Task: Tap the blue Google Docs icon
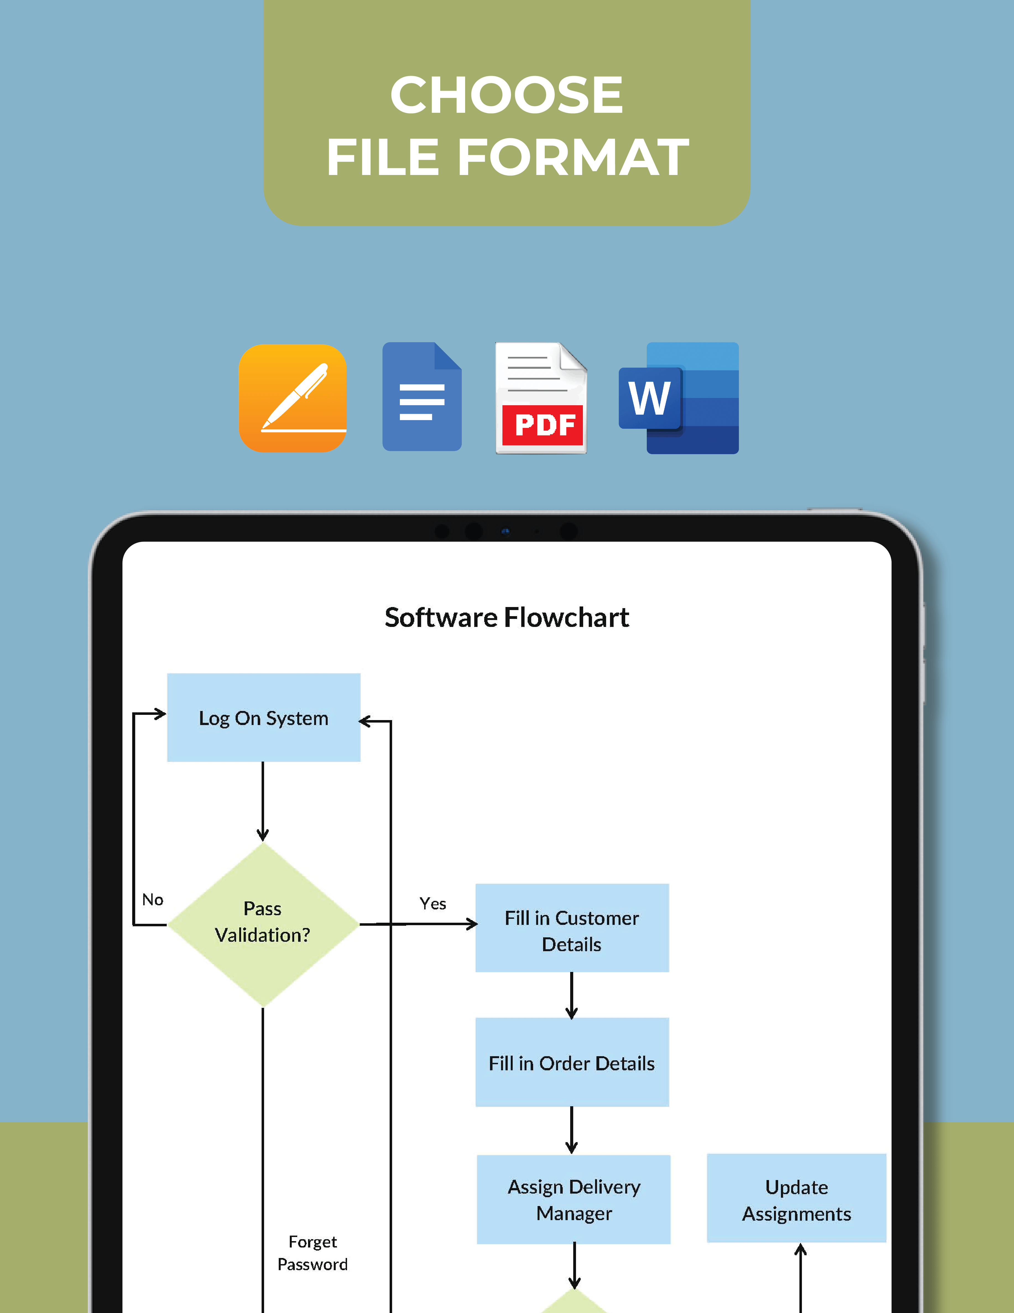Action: (x=422, y=397)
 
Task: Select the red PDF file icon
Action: (x=541, y=398)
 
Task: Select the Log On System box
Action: (x=264, y=718)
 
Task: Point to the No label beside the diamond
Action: (x=153, y=899)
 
